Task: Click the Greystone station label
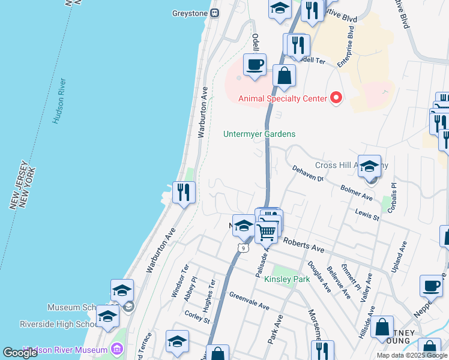(x=189, y=13)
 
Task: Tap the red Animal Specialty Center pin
(x=336, y=98)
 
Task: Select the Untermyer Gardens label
(x=259, y=134)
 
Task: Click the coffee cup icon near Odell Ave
(x=255, y=65)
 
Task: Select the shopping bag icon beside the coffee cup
(x=284, y=76)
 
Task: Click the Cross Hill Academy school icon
(x=369, y=167)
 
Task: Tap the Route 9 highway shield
(x=243, y=247)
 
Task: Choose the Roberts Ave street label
(x=304, y=245)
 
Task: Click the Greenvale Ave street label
(x=249, y=300)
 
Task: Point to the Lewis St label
(x=367, y=215)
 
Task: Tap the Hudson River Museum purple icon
(x=117, y=349)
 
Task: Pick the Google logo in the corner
(x=20, y=353)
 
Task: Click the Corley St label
(x=197, y=316)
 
